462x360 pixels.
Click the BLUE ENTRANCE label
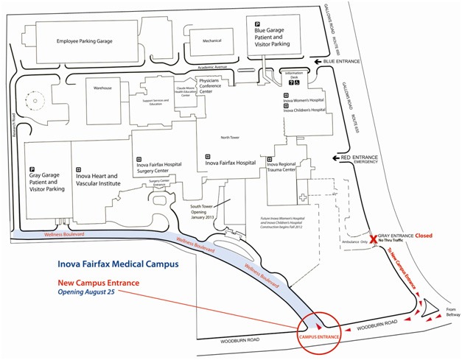coord(342,61)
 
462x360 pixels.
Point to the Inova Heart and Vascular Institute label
coord(102,182)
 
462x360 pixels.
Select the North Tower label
coord(231,136)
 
